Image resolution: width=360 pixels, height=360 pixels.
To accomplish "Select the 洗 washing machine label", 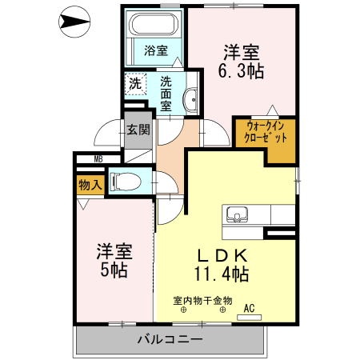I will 135,83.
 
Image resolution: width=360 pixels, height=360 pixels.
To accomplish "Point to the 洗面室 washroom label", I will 166,93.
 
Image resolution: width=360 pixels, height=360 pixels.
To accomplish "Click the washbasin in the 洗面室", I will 190,100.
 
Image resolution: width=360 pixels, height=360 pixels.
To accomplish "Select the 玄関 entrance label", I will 138,130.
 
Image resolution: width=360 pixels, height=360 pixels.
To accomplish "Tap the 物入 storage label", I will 90,185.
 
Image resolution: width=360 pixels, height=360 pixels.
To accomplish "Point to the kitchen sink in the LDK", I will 238,214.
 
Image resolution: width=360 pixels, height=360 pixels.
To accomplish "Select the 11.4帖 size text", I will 221,275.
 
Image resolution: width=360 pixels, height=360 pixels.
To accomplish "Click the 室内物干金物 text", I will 202,301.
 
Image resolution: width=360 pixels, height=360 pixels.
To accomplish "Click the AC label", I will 248,307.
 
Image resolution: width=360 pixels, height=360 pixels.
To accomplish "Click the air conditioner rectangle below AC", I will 249,318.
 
